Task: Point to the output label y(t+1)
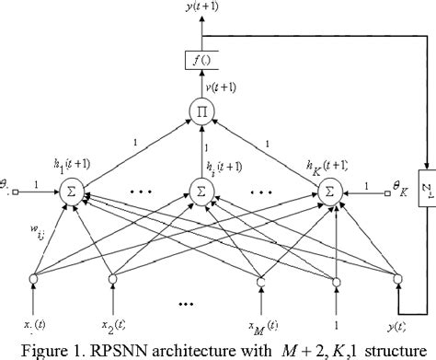200,10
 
